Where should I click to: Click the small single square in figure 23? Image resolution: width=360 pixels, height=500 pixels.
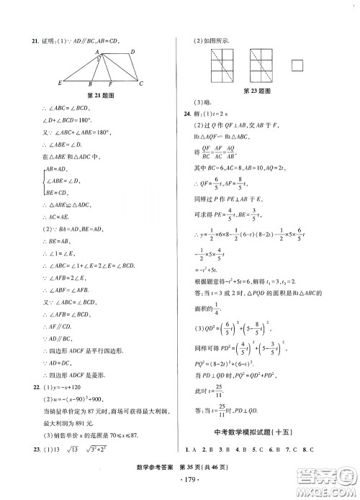click(x=297, y=66)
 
